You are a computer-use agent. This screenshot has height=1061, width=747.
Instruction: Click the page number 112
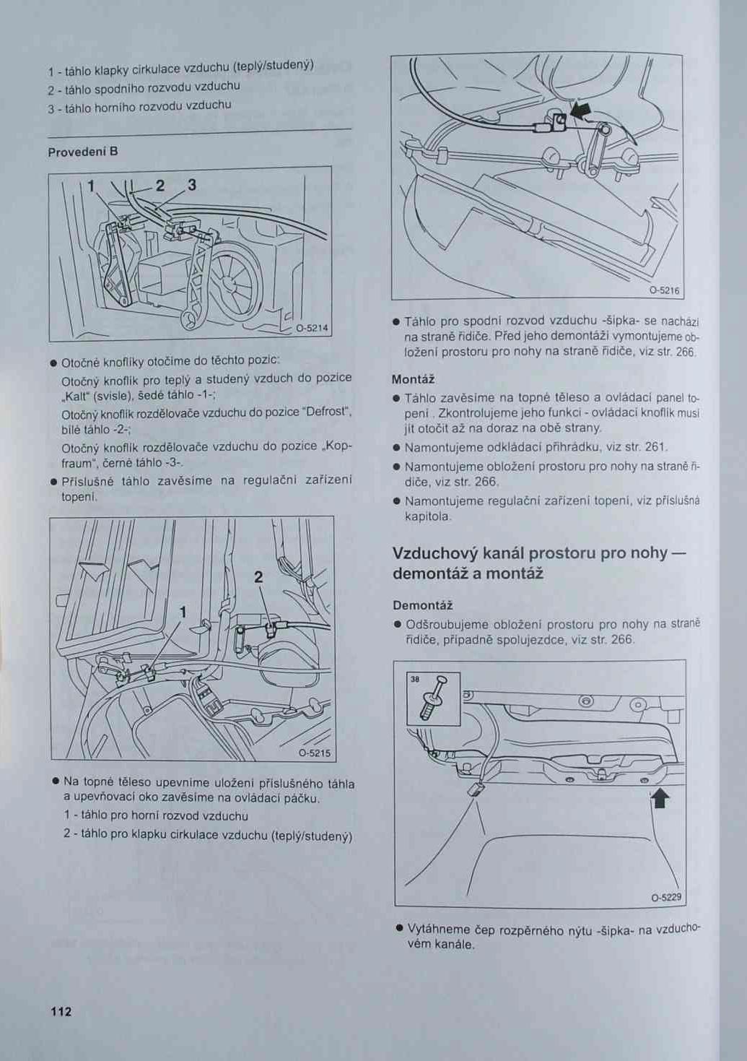click(61, 1011)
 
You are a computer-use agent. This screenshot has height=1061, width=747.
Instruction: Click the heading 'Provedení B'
click(83, 152)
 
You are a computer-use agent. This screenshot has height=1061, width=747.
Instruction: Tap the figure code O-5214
click(312, 328)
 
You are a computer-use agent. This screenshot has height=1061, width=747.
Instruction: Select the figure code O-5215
click(314, 753)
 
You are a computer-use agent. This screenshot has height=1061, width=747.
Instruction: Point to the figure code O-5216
click(664, 291)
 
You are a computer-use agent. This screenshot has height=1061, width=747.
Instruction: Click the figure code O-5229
click(665, 898)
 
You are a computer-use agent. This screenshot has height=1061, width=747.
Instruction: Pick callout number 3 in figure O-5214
click(192, 185)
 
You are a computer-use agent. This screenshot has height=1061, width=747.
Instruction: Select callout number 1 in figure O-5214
click(91, 186)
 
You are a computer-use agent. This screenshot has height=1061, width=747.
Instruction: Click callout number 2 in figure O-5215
click(258, 577)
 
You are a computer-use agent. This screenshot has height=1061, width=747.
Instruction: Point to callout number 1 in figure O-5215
click(183, 612)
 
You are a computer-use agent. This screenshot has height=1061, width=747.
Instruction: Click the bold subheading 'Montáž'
click(413, 379)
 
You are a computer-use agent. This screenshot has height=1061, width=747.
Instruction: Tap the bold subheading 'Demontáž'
click(422, 605)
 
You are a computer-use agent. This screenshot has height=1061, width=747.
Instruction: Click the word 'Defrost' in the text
click(326, 412)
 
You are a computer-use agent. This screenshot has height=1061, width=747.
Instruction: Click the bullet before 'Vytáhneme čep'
click(399, 928)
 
